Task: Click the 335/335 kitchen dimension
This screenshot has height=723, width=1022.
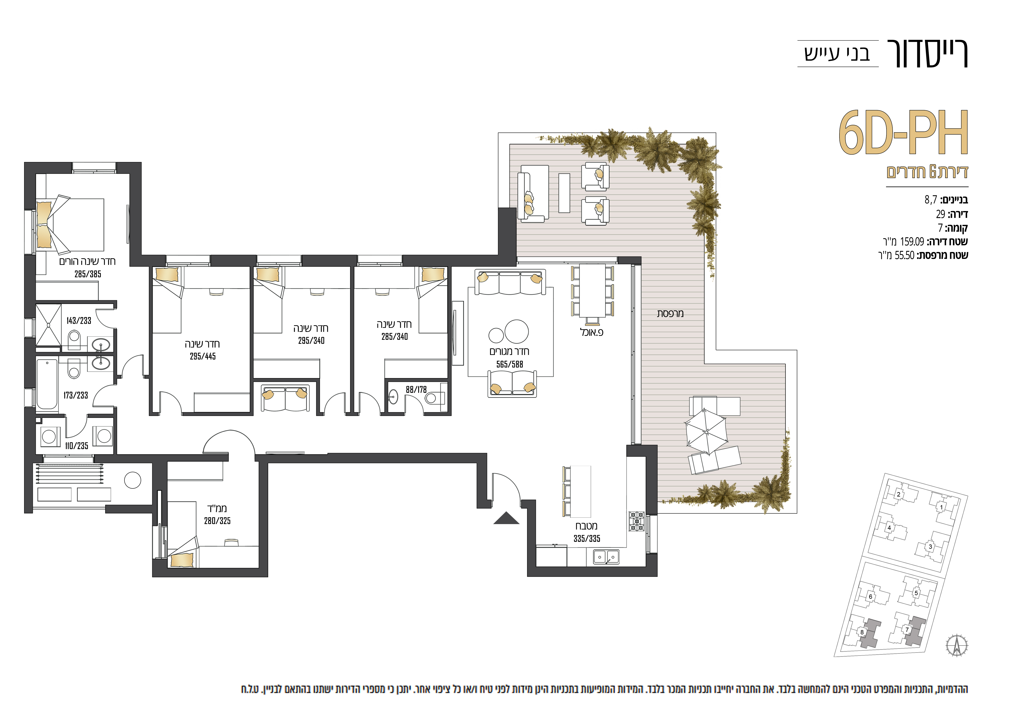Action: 587,539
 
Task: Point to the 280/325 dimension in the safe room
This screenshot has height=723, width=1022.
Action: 217,521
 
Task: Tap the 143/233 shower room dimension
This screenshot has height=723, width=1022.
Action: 79,320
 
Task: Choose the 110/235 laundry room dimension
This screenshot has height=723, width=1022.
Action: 77,446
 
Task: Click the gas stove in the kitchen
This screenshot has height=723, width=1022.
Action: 637,521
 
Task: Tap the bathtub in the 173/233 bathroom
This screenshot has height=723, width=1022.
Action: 47,384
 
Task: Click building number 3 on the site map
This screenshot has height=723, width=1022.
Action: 930,547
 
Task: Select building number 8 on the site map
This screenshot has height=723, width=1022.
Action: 862,632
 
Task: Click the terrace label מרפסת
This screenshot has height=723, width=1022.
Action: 670,313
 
